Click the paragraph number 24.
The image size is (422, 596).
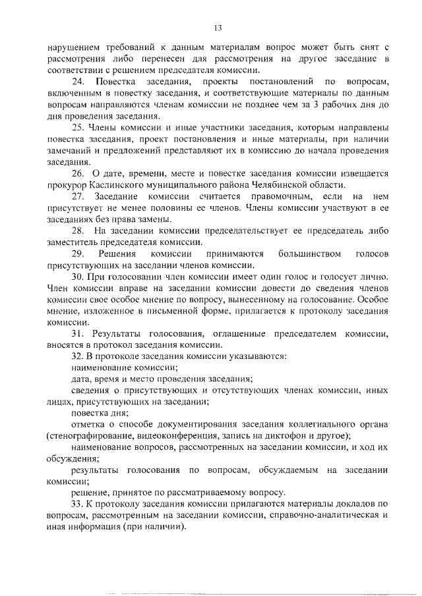[78, 82]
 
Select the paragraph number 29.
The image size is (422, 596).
[78, 254]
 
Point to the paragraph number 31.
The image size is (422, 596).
[78, 334]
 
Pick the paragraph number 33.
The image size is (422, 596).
[78, 505]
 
